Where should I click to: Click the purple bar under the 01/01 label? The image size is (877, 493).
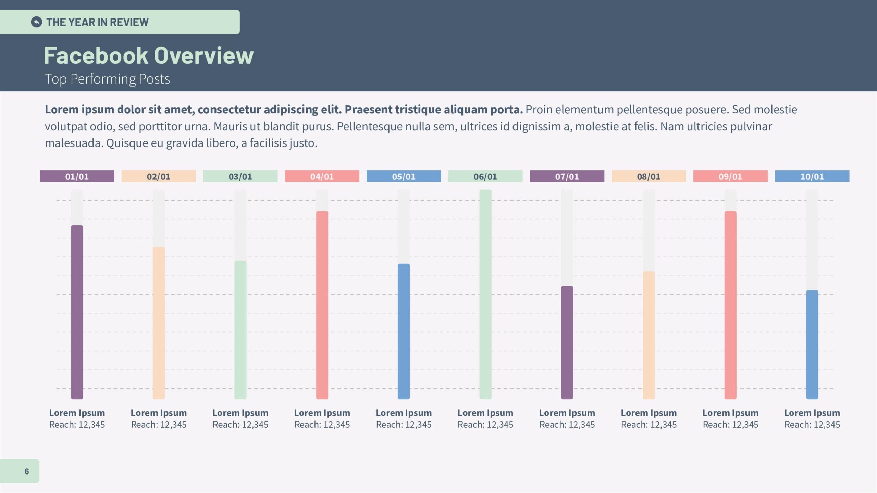[x=77, y=312]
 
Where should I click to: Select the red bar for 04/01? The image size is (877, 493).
[x=322, y=305]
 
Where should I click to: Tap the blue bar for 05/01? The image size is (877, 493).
[x=404, y=331]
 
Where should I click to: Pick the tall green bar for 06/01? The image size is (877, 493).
[x=485, y=294]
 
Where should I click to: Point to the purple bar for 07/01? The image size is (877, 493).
[x=567, y=342]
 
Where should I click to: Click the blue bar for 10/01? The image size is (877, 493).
[x=812, y=344]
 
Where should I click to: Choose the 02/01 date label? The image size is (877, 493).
[x=159, y=176]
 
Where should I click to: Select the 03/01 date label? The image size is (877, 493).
[x=240, y=176]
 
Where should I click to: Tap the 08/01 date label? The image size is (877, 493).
[x=649, y=176]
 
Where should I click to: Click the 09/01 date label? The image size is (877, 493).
[x=730, y=176]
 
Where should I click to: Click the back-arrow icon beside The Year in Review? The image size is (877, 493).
[x=36, y=22]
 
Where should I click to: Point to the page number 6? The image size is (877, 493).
[x=27, y=471]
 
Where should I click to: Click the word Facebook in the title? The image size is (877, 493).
[x=96, y=56]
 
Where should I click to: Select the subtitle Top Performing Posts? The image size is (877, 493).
[x=107, y=79]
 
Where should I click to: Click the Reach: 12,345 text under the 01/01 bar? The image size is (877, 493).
[x=77, y=425]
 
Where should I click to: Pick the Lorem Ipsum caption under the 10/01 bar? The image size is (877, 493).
[x=812, y=413]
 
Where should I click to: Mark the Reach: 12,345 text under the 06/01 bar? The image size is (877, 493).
[x=485, y=425]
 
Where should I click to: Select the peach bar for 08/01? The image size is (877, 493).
[x=649, y=336]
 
